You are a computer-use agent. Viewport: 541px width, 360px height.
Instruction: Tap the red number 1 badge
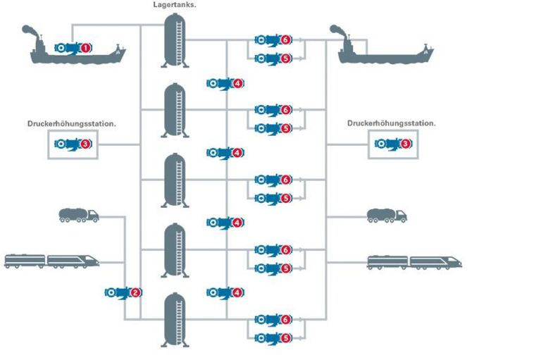click(x=86, y=48)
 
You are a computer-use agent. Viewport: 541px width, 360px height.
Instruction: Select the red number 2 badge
click(x=136, y=292)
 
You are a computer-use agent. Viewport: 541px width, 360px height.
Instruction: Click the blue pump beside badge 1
click(x=68, y=48)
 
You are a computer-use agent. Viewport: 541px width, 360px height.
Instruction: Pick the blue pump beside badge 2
click(x=118, y=292)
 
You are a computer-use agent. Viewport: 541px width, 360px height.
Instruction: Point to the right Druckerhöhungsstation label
click(x=391, y=123)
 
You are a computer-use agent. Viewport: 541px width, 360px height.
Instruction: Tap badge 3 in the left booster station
click(x=86, y=144)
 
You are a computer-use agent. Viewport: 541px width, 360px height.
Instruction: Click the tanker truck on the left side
click(x=78, y=216)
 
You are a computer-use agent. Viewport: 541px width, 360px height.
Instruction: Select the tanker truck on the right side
click(x=387, y=216)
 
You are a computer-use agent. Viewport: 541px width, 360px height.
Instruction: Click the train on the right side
click(x=415, y=262)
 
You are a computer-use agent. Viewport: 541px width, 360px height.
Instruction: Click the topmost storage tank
click(x=175, y=40)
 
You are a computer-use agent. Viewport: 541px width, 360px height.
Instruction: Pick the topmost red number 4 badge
click(x=238, y=83)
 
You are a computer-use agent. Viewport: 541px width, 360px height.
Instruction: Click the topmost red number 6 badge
click(x=285, y=40)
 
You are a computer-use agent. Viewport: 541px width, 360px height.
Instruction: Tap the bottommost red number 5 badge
click(x=285, y=337)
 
